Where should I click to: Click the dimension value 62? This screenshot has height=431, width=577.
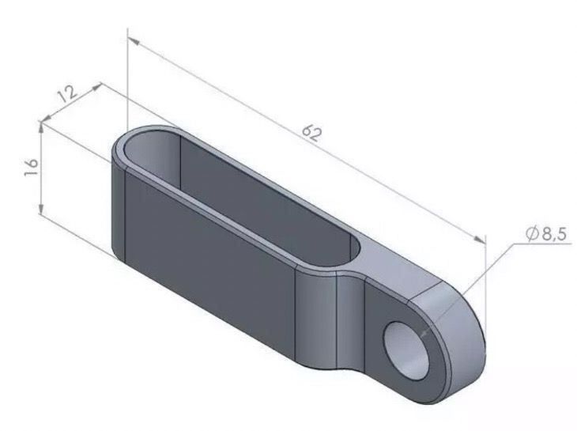[x=311, y=133]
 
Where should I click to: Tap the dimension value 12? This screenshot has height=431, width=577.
[x=69, y=94]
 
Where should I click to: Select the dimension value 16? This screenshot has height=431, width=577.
[x=32, y=168]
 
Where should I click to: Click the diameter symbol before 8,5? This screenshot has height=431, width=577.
[x=532, y=234]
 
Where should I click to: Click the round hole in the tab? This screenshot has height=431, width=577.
[x=406, y=350]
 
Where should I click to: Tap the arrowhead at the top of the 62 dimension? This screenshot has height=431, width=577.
[x=133, y=41]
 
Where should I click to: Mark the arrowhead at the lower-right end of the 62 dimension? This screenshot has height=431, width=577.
[x=480, y=240]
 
